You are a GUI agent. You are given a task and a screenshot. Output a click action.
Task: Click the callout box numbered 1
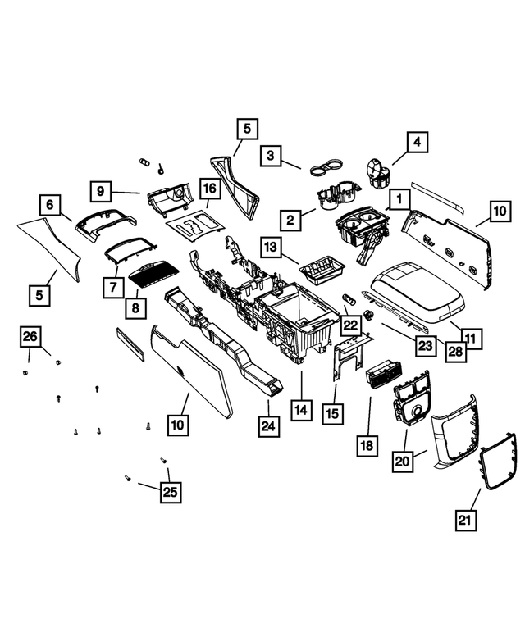(x=399, y=199)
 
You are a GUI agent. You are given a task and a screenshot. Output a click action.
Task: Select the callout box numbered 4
(x=416, y=143)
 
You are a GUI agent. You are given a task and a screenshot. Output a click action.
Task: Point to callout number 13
(x=272, y=247)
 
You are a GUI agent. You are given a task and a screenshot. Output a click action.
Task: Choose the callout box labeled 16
(x=209, y=190)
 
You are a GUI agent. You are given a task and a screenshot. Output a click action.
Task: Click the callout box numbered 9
(x=100, y=191)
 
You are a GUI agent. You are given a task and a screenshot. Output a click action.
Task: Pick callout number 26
(x=30, y=336)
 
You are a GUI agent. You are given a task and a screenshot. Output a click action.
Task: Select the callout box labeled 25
(x=171, y=492)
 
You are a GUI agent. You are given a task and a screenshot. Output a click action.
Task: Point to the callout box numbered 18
(x=366, y=445)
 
